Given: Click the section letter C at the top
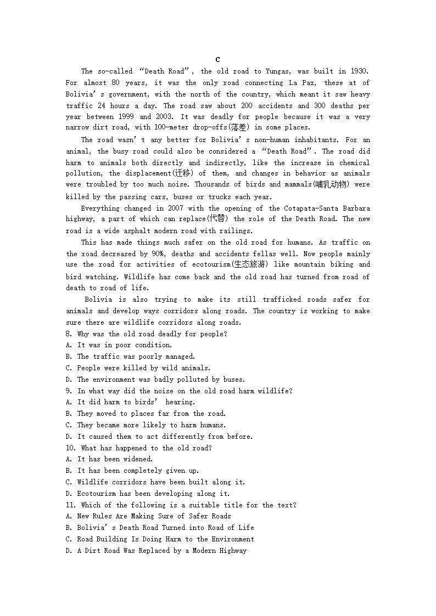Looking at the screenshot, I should pyautogui.click(x=217, y=60).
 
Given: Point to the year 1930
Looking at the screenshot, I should pyautogui.click(x=359, y=71).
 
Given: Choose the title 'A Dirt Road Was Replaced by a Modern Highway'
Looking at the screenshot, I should pyautogui.click(x=161, y=551).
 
